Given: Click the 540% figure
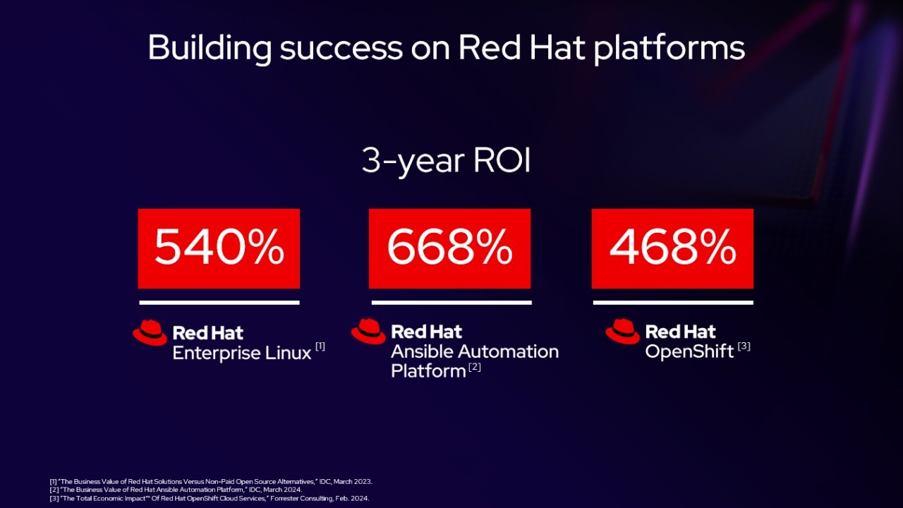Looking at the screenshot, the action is point(219,246).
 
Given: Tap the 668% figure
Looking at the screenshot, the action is point(450,246).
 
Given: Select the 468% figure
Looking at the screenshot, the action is point(672,246).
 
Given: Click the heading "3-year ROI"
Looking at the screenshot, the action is point(446,161).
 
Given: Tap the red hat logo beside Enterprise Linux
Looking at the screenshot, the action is point(150,333).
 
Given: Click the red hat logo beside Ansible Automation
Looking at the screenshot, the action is point(368,332).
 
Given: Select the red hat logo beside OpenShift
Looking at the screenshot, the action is point(622,332).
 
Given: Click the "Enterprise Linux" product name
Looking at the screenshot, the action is point(242,353).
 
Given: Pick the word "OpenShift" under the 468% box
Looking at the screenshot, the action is point(689,351).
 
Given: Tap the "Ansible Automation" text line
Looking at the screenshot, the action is point(475,351).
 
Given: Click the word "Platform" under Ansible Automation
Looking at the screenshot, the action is point(428,371).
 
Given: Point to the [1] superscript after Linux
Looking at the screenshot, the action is point(320,346).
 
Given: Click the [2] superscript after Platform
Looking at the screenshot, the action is point(475,367).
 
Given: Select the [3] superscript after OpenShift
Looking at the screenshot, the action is point(744,346).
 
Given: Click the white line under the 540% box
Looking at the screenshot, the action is point(219,303).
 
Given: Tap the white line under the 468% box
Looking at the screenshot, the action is point(673,303).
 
